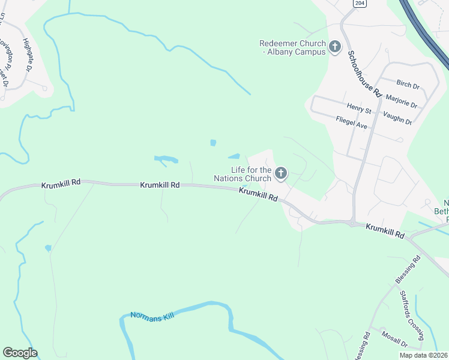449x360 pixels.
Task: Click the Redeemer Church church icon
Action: click(335, 46)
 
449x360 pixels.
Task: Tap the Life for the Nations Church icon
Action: click(280, 174)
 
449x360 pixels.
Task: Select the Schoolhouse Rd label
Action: click(364, 74)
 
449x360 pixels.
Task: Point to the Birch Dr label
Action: click(408, 86)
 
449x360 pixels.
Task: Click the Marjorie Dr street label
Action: click(402, 100)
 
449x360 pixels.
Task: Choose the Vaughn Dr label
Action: click(397, 118)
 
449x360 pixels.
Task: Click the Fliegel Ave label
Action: click(352, 122)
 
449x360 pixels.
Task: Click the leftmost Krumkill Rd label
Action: click(61, 185)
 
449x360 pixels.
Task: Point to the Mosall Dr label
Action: click(394, 340)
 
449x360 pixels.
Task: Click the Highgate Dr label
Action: click(27, 55)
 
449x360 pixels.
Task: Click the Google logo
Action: click(20, 353)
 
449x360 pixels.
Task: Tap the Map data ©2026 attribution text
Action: click(423, 355)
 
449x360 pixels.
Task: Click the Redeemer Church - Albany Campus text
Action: click(292, 47)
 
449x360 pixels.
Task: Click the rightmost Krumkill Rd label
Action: click(385, 231)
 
